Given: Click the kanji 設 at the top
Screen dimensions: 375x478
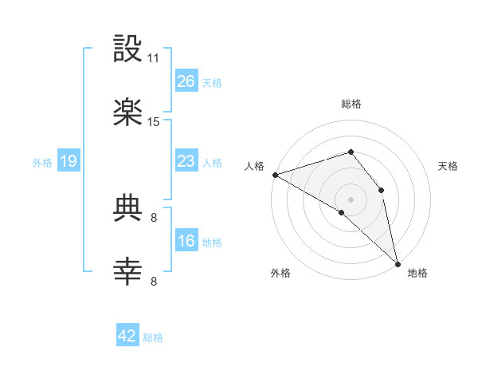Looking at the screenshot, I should [128, 49].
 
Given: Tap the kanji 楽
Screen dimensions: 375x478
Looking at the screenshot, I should [128, 113].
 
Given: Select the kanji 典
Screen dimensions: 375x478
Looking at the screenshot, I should [128, 209].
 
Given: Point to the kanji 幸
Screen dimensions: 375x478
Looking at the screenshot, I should [128, 272].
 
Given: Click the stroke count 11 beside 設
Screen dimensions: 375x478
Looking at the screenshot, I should [154, 58].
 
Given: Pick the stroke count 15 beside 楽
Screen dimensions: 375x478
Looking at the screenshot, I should [154, 122].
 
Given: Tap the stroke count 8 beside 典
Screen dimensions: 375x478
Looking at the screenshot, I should [154, 217].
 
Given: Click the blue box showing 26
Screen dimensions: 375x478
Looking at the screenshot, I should [186, 81].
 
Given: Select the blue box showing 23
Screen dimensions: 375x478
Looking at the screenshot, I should [186, 161].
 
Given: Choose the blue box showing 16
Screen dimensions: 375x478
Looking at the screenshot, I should [186, 241].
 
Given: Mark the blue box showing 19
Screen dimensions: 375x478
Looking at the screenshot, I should [69, 161].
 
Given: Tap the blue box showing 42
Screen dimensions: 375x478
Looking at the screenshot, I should [127, 336].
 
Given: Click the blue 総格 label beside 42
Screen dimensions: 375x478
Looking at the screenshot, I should [153, 337].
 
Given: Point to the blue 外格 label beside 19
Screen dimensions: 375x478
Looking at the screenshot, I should [42, 162].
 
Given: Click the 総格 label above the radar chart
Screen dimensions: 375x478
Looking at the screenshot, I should [351, 104].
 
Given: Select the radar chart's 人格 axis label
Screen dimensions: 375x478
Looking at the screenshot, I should [254, 166].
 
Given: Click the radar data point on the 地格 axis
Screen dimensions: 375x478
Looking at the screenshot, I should [397, 262].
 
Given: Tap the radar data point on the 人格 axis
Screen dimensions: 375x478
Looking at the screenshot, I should [275, 175].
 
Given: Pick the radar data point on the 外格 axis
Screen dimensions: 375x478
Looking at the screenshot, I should [341, 213].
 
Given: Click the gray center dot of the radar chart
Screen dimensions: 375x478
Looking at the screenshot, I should [351, 199].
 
